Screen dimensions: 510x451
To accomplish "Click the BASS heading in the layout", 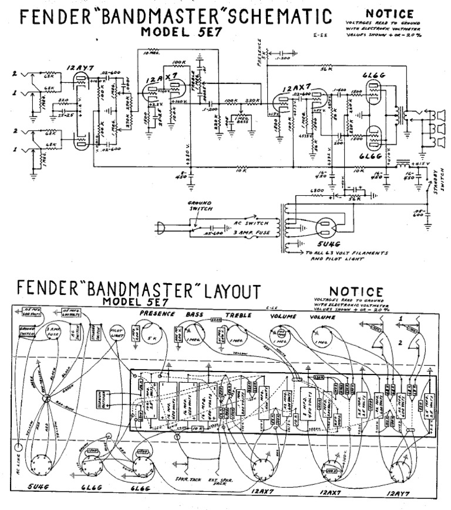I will point(194,314).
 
